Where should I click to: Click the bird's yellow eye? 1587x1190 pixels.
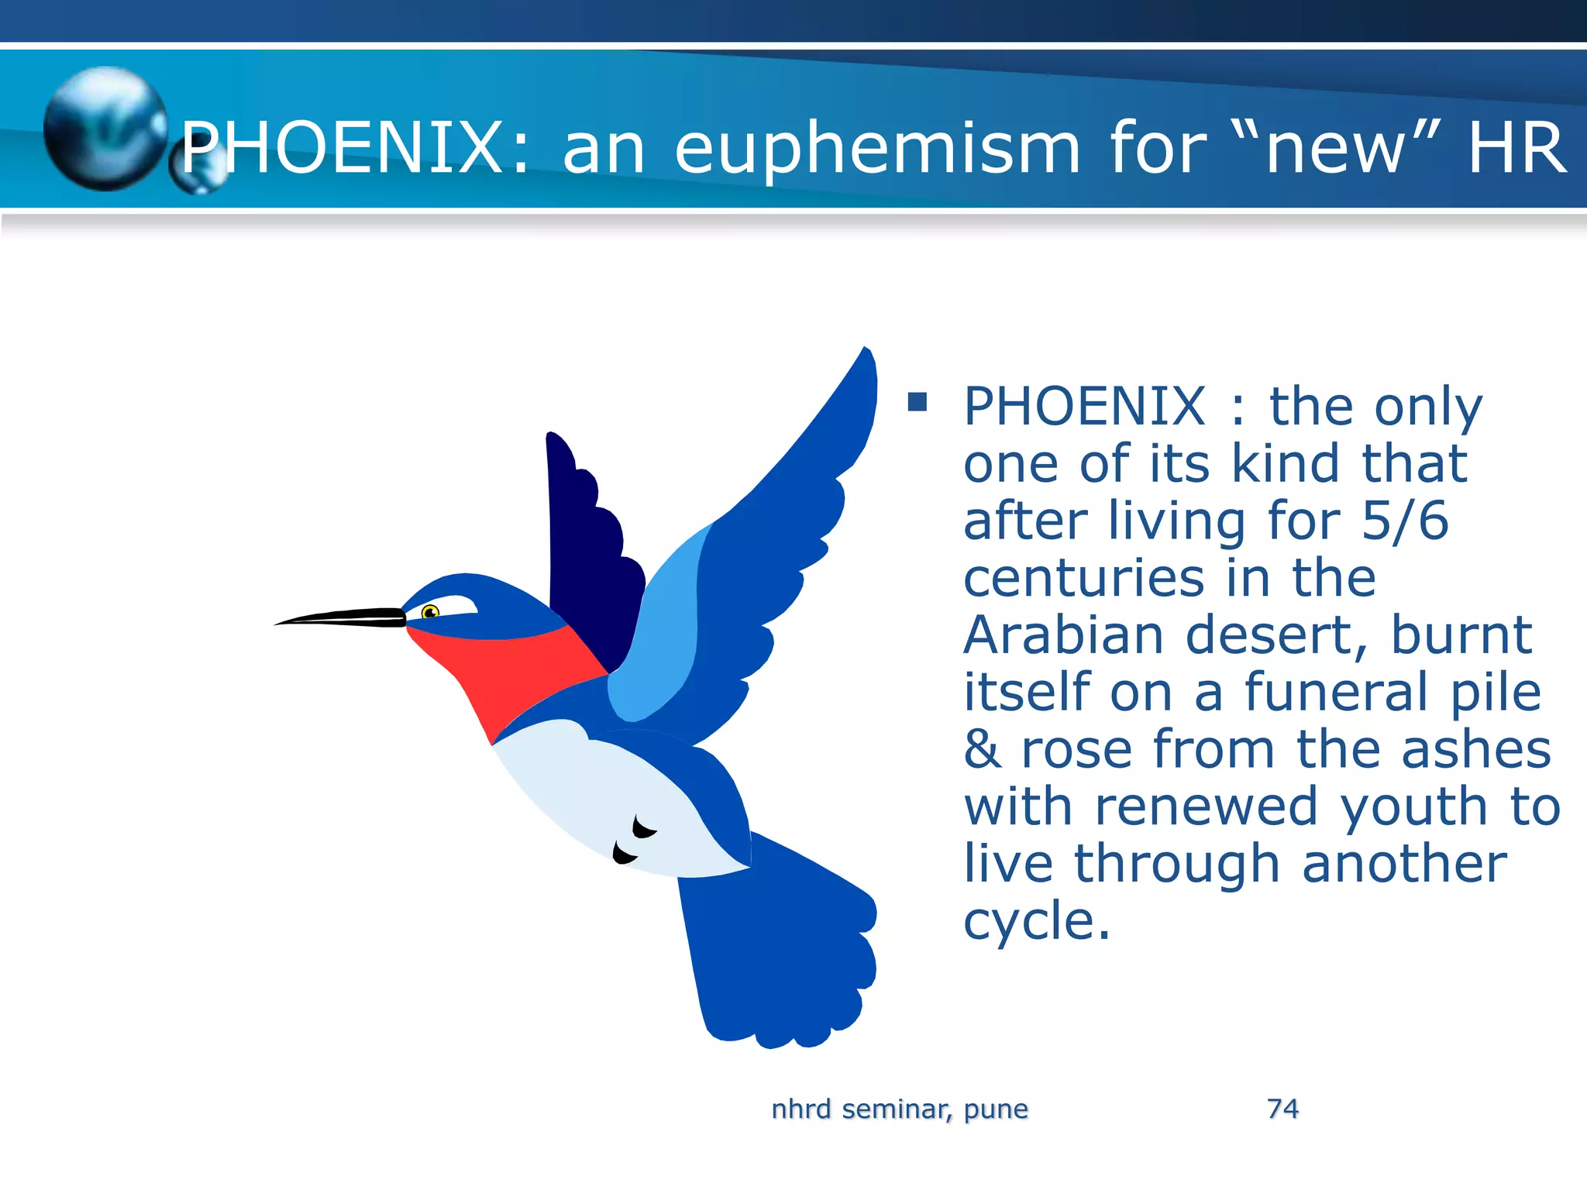coord(430,613)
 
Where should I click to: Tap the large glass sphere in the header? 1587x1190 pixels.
coord(105,128)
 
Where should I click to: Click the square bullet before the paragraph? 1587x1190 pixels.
coord(917,401)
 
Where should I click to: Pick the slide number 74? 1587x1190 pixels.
coord(1282,1109)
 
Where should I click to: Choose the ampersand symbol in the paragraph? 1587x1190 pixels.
coord(983,749)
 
